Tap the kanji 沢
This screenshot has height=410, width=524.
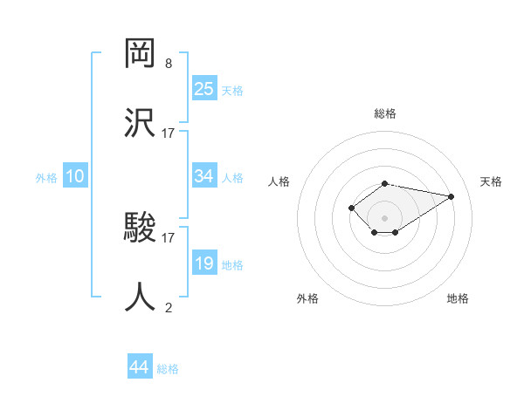(x=141, y=121)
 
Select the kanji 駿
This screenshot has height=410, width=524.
(x=141, y=229)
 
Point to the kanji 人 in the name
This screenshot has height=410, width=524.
(x=141, y=297)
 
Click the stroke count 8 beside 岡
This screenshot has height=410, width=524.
(x=169, y=64)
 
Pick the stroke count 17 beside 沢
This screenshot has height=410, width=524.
(x=169, y=133)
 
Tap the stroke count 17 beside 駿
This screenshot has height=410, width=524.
(x=169, y=237)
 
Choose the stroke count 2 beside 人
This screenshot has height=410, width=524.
(x=169, y=307)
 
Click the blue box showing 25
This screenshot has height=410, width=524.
(x=203, y=88)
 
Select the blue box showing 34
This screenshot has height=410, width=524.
(x=203, y=176)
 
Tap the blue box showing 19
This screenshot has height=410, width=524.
(x=203, y=263)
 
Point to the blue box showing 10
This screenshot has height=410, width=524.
(x=75, y=176)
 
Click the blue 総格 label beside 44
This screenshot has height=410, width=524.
(x=168, y=369)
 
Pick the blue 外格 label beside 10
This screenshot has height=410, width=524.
(x=46, y=178)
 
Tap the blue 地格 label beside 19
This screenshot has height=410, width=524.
(x=232, y=265)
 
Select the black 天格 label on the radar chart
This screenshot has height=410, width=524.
(x=491, y=181)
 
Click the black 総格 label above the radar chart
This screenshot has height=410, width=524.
(x=385, y=113)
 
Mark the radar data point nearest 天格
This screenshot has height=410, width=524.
(x=451, y=196)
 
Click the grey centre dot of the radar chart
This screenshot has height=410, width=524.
(x=385, y=217)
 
